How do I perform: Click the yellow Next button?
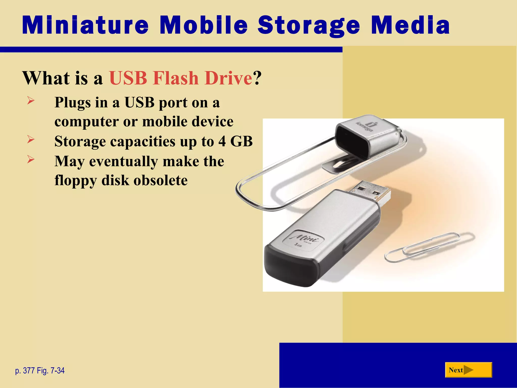pyautogui.click(x=468, y=370)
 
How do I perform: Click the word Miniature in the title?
pyautogui.click(x=85, y=25)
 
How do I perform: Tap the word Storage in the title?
pyautogui.click(x=308, y=26)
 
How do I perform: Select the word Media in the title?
pyautogui.click(x=410, y=25)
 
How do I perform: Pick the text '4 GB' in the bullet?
pyautogui.click(x=235, y=141)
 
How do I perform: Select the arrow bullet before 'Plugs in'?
pyautogui.click(x=31, y=101)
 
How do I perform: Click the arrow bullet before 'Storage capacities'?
pyautogui.click(x=31, y=139)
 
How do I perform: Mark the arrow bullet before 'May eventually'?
pyautogui.click(x=31, y=159)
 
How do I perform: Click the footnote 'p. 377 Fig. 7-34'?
pyautogui.click(x=40, y=371)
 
